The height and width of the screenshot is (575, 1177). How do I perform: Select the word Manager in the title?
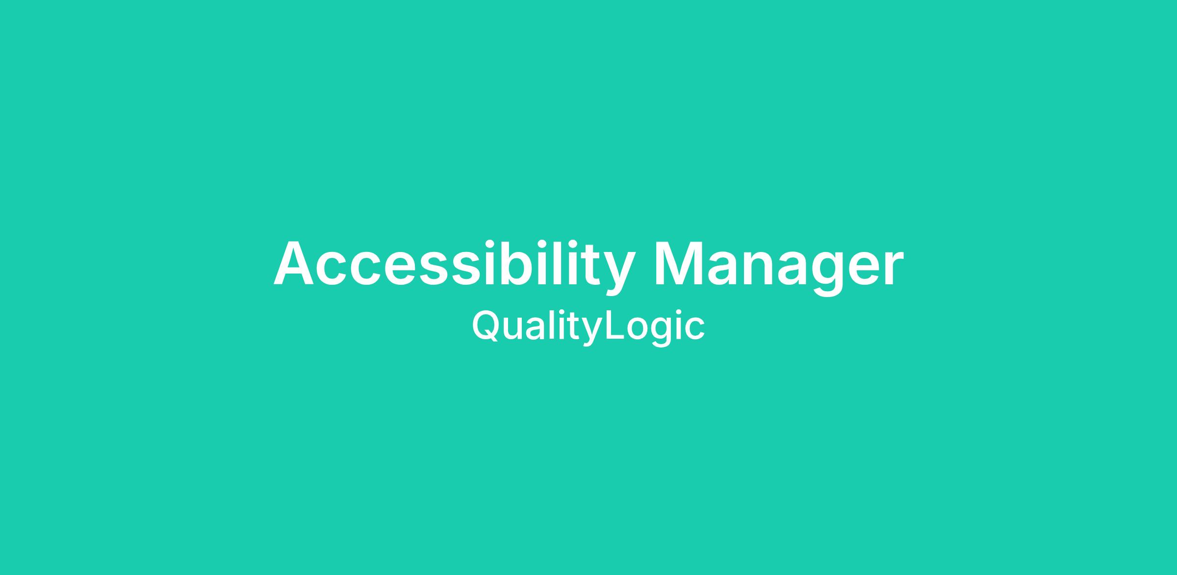[779, 267]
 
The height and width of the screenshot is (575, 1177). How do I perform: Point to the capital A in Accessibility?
[293, 263]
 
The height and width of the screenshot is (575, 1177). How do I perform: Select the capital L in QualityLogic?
[615, 325]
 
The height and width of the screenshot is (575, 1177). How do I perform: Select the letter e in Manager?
[862, 269]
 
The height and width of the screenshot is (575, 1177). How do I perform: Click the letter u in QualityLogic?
[512, 329]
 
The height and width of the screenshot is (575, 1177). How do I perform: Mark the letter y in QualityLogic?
[593, 333]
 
